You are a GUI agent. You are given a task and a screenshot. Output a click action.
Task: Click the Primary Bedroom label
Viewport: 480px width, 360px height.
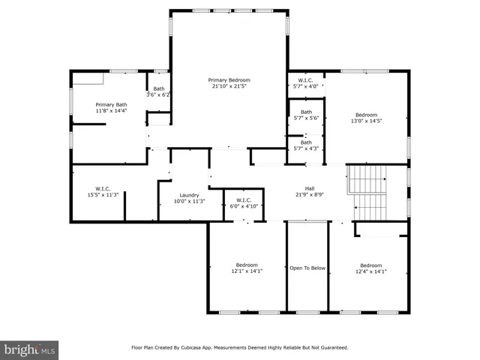tap(229, 79)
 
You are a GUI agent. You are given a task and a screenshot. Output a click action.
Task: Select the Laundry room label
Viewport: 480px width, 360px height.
tap(189, 195)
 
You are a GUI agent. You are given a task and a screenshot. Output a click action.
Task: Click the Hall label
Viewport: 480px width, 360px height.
tap(309, 188)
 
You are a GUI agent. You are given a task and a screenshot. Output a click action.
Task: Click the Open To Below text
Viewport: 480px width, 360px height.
tap(307, 267)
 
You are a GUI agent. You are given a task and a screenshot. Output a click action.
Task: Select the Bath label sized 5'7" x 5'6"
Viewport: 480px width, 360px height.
tap(305, 112)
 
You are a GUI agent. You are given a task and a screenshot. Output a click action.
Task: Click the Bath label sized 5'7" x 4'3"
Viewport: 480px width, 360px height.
tap(306, 142)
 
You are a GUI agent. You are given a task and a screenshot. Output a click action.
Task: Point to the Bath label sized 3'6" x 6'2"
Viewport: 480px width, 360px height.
tap(159, 88)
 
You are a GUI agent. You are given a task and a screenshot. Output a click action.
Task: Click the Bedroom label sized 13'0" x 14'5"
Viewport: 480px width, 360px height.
tap(366, 115)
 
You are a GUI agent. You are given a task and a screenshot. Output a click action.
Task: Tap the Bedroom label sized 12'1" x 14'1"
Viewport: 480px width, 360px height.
tap(247, 265)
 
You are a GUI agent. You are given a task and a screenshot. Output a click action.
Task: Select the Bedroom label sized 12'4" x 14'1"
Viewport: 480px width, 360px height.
tap(370, 265)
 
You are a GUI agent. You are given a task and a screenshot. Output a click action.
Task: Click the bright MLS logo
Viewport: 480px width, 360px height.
tap(30, 349)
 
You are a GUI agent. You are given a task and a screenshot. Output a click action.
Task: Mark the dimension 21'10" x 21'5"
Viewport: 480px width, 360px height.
tap(229, 85)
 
